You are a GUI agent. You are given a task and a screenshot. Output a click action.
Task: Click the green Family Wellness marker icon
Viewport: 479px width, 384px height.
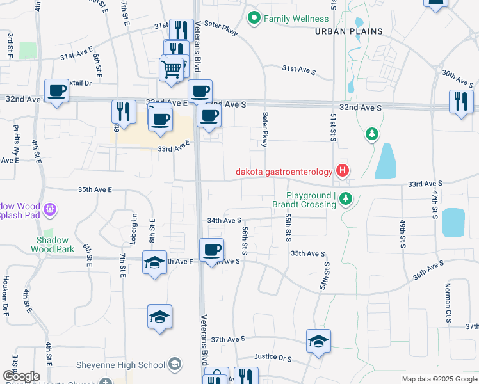tap(254, 19)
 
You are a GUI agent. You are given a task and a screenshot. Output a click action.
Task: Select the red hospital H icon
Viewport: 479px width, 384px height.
tap(343, 171)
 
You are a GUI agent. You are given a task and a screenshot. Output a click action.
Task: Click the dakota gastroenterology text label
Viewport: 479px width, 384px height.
tap(284, 171)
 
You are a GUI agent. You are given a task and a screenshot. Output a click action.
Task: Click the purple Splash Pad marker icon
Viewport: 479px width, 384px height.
tap(51, 209)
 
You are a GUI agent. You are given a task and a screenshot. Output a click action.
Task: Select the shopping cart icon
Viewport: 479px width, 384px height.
tap(172, 68)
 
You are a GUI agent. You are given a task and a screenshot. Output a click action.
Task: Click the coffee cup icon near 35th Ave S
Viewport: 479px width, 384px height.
tap(211, 250)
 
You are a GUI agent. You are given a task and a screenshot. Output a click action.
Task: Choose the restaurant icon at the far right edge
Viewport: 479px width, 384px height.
tap(460, 102)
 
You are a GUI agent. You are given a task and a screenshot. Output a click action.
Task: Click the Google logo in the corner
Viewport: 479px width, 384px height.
tap(20, 376)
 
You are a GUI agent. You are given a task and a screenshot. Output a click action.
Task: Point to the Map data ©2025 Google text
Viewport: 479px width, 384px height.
tap(439, 379)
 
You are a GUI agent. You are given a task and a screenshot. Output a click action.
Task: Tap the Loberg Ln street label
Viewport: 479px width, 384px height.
tap(134, 225)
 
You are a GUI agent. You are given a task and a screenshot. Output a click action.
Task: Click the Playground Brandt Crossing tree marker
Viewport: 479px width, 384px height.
tap(346, 199)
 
